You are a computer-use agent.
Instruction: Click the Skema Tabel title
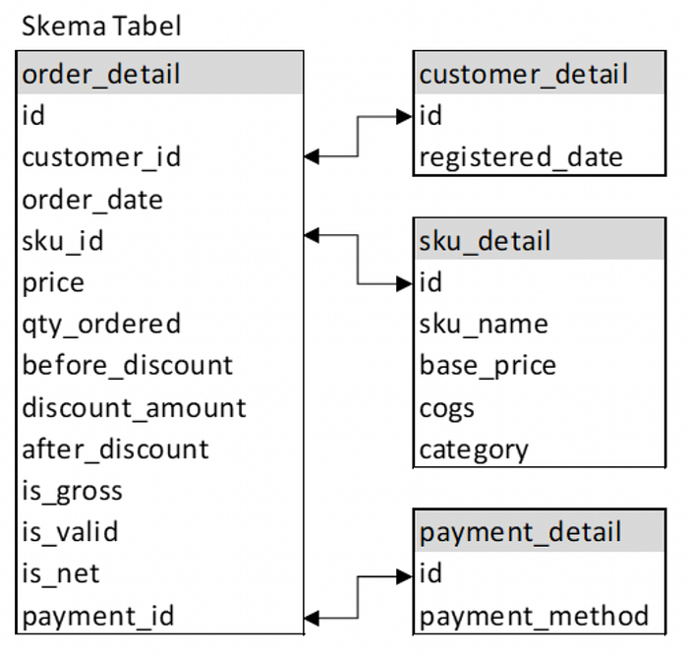[101, 26]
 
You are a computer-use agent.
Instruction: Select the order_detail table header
[159, 73]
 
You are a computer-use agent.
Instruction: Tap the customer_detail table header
[540, 73]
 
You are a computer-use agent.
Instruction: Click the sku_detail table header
[540, 239]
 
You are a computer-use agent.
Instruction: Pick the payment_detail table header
[540, 531]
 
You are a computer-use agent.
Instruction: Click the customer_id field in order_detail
[101, 157]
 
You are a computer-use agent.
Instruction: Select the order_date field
[92, 200]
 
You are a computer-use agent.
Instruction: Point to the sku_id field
[63, 241]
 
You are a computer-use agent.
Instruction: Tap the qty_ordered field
[101, 325]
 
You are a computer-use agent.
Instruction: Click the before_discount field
[127, 366]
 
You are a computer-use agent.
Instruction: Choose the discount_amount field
[134, 407]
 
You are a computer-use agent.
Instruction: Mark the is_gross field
[72, 491]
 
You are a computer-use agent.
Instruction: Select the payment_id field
[98, 616]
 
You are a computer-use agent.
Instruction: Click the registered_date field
[521, 157]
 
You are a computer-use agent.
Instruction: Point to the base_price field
[487, 366]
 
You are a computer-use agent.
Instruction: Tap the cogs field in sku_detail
[446, 409]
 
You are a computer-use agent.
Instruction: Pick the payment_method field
[534, 616]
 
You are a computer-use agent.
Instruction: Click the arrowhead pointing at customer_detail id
[404, 116]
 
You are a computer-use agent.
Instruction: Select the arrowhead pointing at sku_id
[312, 235]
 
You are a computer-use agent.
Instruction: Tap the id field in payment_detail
[430, 573]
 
